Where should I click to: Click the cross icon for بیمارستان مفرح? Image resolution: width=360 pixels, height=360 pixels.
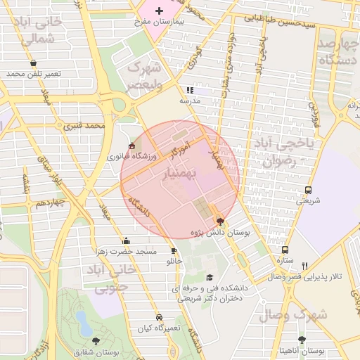tap(160, 11)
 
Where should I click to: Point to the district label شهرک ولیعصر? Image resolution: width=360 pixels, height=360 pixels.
tap(144, 76)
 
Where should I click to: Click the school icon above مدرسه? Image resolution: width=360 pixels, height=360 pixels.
tap(188, 90)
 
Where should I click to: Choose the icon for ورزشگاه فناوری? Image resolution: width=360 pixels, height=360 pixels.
tap(131, 146)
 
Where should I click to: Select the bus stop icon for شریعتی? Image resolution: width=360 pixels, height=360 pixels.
tap(308, 190)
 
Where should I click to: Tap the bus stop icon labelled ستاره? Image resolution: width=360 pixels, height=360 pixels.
tap(285, 250)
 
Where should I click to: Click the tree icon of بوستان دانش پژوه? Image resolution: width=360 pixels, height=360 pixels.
tap(221, 221)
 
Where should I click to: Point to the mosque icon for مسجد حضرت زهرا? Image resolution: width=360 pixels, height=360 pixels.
tap(125, 240)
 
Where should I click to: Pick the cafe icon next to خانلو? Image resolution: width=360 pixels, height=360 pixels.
tap(174, 251)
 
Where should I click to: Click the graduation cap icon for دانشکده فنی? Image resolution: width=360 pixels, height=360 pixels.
tap(210, 278)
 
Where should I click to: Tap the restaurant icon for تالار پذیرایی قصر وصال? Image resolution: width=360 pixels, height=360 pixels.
tap(304, 266)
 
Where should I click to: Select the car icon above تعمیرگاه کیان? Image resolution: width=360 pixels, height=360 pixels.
tap(160, 317)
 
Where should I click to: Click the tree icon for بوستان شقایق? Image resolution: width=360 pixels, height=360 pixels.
tap(96, 341)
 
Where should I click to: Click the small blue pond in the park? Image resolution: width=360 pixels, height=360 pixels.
tap(83, 323)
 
